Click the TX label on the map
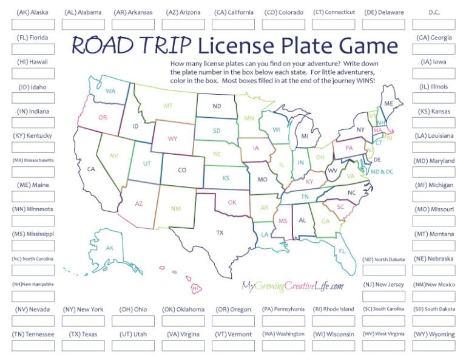(x=220, y=232)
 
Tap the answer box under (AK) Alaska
(x=33, y=24)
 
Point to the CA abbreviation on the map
(x=92, y=169)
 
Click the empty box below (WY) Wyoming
(x=434, y=346)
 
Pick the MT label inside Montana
(x=168, y=106)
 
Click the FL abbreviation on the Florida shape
(x=342, y=251)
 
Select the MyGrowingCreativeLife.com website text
(x=293, y=285)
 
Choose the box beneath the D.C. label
(x=434, y=24)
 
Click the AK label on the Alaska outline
(x=110, y=248)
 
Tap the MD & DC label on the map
(x=382, y=172)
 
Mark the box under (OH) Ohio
(x=133, y=321)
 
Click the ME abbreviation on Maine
(x=389, y=104)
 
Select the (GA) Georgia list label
(x=434, y=37)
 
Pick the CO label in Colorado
(x=181, y=171)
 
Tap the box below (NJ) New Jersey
(x=383, y=296)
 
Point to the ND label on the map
(x=216, y=106)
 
